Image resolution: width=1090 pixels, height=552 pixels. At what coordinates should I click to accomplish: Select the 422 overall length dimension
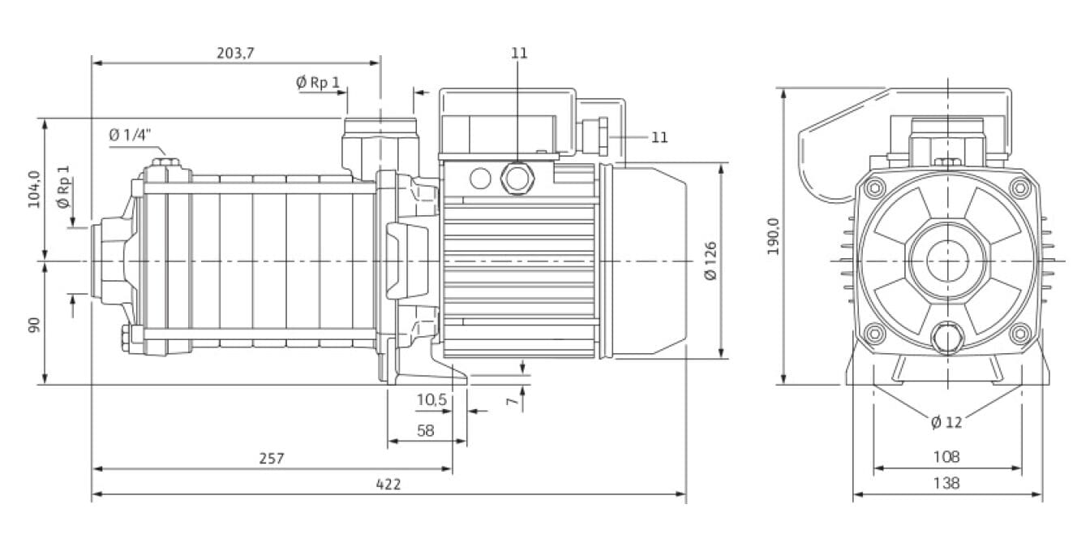[388, 484]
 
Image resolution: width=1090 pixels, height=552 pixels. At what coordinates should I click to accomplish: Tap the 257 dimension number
[272, 459]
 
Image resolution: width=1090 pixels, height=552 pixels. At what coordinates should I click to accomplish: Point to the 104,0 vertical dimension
[34, 189]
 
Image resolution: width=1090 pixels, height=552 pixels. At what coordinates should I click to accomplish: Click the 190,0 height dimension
[773, 235]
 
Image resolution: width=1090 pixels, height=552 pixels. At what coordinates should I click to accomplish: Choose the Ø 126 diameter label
[711, 261]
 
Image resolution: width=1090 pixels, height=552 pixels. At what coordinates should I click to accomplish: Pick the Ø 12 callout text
[946, 422]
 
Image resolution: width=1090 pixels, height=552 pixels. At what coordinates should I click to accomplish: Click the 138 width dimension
[946, 483]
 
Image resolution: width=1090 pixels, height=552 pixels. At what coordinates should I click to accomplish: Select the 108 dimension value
[946, 457]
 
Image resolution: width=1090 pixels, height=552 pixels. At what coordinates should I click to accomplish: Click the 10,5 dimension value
[431, 400]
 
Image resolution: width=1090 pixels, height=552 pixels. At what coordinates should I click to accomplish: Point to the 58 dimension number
[426, 431]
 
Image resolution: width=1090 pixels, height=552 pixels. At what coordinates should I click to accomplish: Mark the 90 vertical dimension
[34, 325]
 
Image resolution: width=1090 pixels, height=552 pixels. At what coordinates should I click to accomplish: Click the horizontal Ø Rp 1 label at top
[318, 82]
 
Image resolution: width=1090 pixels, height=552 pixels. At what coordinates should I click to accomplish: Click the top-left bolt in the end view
[873, 188]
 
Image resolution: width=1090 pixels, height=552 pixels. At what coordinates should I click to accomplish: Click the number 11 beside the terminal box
[659, 137]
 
